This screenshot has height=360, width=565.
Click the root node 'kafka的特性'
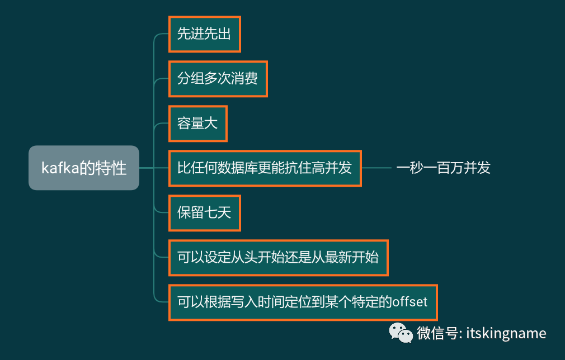[84, 168]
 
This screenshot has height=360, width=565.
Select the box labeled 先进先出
[204, 34]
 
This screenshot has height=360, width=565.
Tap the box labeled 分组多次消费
[218, 79]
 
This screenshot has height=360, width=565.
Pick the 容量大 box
[197, 124]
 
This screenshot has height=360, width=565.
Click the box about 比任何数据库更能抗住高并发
[265, 168]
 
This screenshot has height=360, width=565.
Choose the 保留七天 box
[204, 213]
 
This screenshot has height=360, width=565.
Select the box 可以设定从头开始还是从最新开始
[278, 258]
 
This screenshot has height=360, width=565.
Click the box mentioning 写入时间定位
[302, 302]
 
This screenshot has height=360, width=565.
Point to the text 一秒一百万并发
[443, 168]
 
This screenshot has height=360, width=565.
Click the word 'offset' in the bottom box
[409, 302]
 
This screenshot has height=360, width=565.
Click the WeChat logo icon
[401, 333]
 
